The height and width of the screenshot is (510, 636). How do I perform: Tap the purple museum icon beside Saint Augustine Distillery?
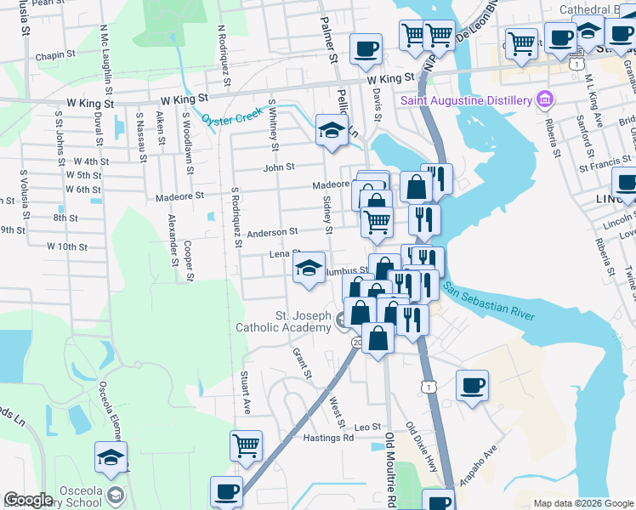click(545, 101)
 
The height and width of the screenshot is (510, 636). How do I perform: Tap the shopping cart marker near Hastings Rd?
click(247, 445)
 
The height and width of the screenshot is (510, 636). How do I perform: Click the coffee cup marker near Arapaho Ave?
click(473, 384)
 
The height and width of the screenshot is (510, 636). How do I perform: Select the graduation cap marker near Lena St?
click(309, 268)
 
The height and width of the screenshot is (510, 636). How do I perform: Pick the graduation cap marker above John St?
click(332, 130)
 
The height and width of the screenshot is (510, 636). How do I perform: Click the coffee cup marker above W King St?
click(366, 48)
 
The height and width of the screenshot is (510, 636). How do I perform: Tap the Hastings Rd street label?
click(328, 438)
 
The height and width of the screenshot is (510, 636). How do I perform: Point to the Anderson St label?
click(272, 231)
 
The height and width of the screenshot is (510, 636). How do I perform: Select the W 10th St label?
click(67, 246)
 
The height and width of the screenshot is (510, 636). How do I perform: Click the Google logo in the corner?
click(29, 500)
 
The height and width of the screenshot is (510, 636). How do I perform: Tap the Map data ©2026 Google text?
click(582, 503)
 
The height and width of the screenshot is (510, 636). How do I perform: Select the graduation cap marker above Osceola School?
click(111, 457)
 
